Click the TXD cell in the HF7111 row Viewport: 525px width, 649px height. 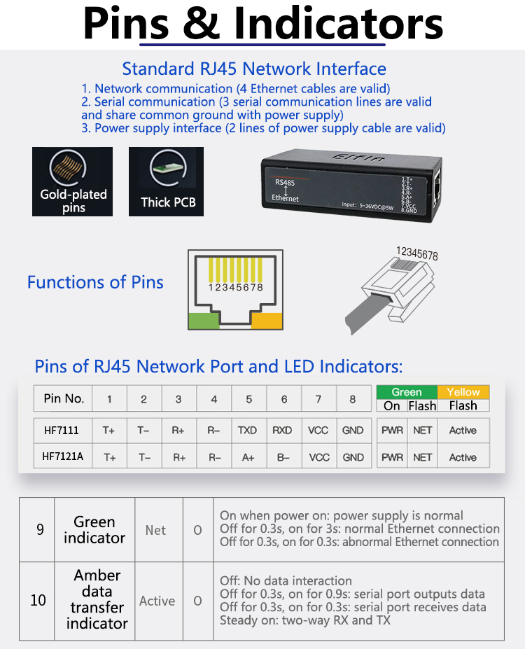[248, 431]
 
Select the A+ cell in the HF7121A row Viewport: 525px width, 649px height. [248, 457]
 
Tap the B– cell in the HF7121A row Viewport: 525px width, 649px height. [283, 457]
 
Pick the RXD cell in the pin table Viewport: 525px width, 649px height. [283, 431]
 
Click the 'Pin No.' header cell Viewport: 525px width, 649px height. [64, 398]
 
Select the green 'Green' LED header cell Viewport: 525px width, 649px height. [407, 392]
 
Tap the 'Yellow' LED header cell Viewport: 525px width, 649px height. [463, 392]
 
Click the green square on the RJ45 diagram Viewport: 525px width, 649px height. [204, 321]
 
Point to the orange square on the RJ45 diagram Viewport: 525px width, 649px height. [267, 321]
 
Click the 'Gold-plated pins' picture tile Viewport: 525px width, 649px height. [73, 181]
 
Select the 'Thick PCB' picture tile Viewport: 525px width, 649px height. [167, 181]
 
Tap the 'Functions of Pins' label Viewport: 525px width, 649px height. [95, 282]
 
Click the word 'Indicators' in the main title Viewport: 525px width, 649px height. [339, 24]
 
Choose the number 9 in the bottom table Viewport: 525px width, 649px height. [40, 529]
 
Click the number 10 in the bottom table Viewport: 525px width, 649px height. [38, 601]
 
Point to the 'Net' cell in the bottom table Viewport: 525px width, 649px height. [155, 530]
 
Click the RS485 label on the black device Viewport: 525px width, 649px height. [285, 183]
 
